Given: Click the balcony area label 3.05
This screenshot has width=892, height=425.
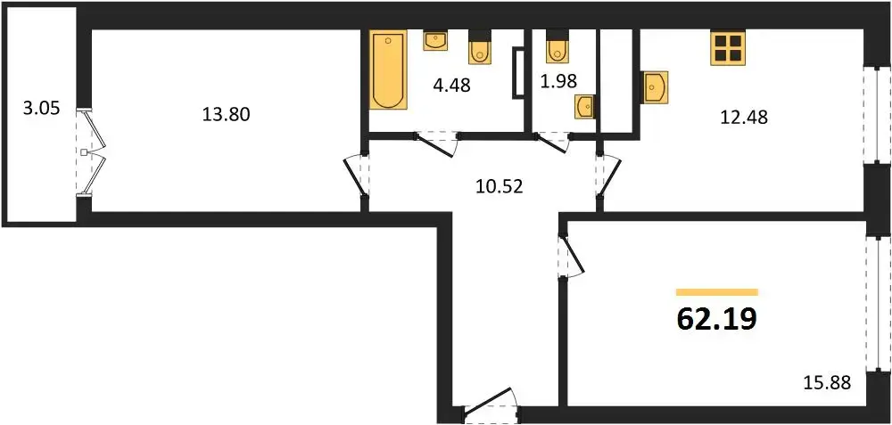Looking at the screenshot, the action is click(x=41, y=108).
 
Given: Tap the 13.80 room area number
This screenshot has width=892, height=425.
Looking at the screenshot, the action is click(x=226, y=115).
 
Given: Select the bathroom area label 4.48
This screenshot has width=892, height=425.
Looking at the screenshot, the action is click(x=451, y=87).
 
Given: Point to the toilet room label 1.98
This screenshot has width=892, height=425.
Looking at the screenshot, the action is click(x=557, y=82).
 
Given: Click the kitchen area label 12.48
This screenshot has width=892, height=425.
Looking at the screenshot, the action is click(x=744, y=118).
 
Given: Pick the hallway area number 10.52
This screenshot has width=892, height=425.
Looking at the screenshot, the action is click(x=499, y=186).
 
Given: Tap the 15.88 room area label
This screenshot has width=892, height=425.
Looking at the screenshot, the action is click(x=827, y=382).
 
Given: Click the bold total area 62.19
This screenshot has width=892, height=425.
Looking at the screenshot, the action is click(x=717, y=319).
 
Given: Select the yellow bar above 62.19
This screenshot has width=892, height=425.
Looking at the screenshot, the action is click(x=717, y=292).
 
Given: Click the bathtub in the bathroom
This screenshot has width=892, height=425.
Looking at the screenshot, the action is click(x=389, y=70).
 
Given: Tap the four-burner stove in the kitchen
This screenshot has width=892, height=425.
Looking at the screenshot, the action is click(x=728, y=48).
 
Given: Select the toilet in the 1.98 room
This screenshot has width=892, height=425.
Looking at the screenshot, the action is click(x=557, y=46).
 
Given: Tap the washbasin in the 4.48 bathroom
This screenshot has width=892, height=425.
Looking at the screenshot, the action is click(x=435, y=40).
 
